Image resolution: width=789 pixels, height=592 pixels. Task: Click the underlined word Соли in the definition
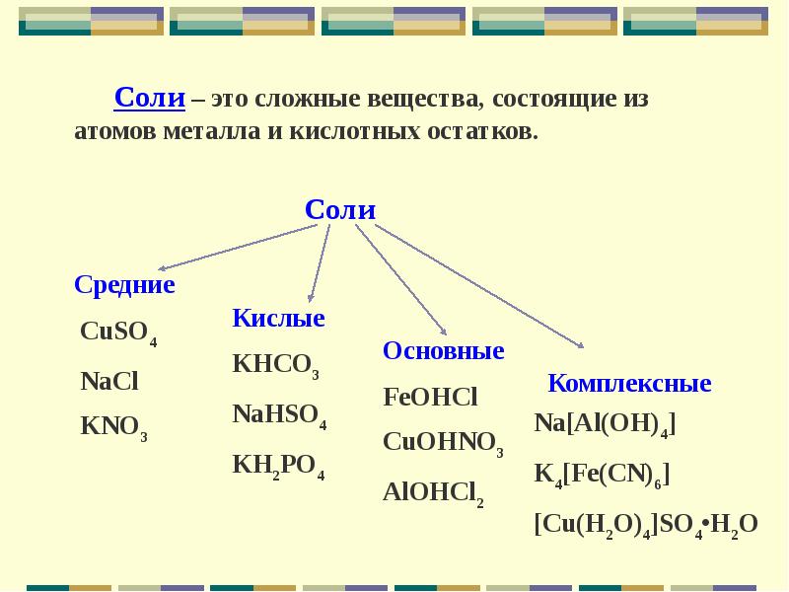pos(150,97)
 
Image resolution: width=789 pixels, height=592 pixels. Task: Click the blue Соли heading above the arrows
pos(340,209)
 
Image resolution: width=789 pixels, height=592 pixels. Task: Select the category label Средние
pos(124,285)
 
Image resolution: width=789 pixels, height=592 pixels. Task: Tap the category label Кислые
pos(278,318)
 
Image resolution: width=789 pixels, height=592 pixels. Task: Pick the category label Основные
pos(443,350)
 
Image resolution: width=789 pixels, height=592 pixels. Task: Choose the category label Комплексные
pos(629,383)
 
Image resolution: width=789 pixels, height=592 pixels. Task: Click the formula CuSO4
pos(118,333)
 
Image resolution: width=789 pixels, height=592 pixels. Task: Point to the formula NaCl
pos(109,381)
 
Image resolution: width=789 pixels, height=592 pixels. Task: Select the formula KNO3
pos(114,428)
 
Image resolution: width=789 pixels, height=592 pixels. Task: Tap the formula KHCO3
pos(276,366)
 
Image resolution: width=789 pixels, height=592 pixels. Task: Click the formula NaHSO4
pos(280,415)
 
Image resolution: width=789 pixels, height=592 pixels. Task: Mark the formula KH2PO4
pos(279,466)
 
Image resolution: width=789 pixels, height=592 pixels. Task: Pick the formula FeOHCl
pos(430,397)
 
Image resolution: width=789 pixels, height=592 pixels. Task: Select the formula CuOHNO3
pos(443,444)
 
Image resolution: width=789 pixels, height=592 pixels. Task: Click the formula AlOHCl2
pos(434,494)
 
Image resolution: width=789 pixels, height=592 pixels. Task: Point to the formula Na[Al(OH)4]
pos(605,425)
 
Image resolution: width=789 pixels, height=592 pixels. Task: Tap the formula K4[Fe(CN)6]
pos(603,476)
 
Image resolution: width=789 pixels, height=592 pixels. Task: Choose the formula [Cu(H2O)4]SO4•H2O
pos(646,526)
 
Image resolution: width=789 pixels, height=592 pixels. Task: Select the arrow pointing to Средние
pos(238,248)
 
